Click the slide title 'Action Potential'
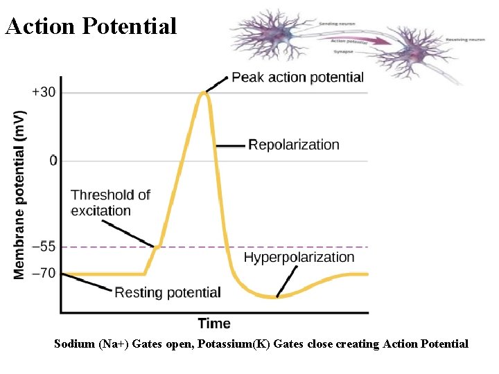coord(91,26)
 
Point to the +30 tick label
coord(44,92)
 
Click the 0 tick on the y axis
coord(53,161)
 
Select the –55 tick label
coord(44,247)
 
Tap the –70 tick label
coord(44,274)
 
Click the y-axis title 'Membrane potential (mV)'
coord(21,194)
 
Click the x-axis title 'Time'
coord(214,323)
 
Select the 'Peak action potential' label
coord(297,77)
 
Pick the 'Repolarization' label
coord(294,145)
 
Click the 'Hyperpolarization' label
coord(299,258)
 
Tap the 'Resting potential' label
coord(168,292)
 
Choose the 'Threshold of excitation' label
coord(110,202)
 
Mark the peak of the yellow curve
coord(204,92)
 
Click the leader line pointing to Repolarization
coord(231,145)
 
